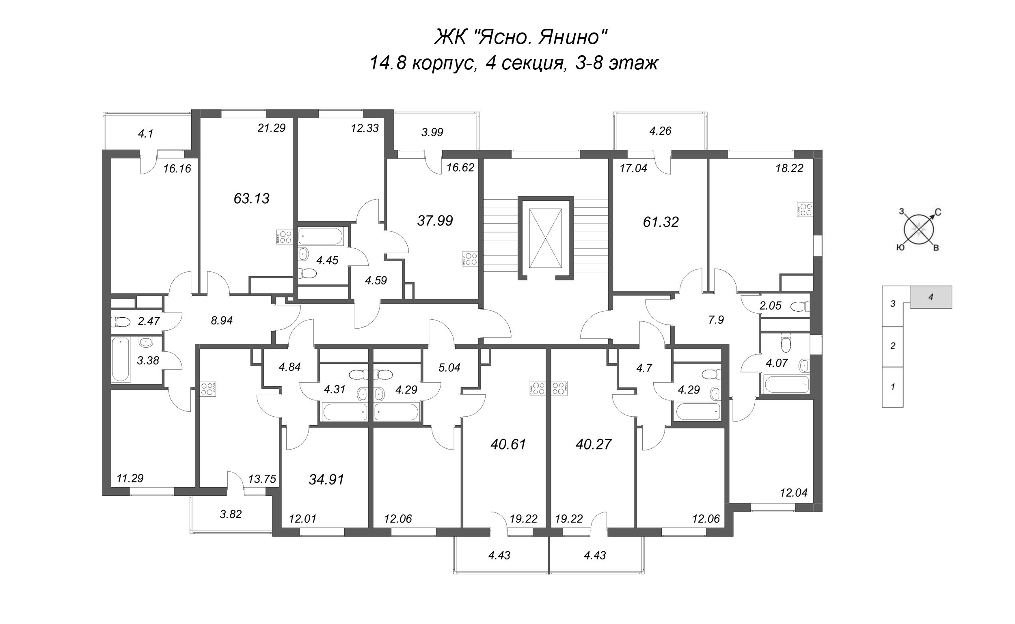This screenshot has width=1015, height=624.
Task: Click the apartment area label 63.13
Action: [251, 198]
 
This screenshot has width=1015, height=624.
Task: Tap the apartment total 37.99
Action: [435, 221]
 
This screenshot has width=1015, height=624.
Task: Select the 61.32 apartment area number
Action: [661, 222]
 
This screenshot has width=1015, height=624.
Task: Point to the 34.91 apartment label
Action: [326, 480]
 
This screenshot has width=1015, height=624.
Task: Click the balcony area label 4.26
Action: [660, 131]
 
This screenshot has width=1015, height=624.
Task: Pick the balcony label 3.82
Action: [231, 514]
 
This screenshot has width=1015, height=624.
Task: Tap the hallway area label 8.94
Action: [222, 320]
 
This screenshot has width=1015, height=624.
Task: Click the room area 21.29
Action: [271, 128]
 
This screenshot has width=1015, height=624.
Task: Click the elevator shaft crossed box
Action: [546, 238]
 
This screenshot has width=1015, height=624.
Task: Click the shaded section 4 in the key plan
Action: [931, 297]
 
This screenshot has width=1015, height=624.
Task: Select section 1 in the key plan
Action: [893, 387]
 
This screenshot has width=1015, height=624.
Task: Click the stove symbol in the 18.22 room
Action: [805, 209]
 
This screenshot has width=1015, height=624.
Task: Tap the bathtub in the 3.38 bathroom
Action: [121, 359]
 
